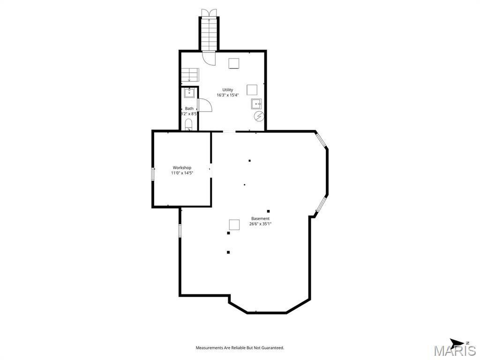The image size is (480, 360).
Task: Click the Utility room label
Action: (x=227, y=90)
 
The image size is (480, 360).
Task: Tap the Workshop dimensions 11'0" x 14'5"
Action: (x=182, y=173)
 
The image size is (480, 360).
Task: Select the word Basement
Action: (x=260, y=218)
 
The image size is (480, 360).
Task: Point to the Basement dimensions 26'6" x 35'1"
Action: (x=260, y=224)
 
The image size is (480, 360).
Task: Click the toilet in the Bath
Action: (x=188, y=125)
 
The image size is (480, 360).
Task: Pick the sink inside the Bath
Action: (x=189, y=93)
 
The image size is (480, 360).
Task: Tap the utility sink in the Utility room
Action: (x=256, y=104)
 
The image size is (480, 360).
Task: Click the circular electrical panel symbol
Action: (x=259, y=116)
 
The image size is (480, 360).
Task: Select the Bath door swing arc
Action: (x=205, y=105)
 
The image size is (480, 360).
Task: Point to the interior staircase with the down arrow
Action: (x=190, y=75)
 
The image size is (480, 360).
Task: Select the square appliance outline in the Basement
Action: (x=234, y=225)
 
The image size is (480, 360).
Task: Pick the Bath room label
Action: (x=189, y=108)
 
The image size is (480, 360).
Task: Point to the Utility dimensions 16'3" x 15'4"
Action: (x=227, y=95)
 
